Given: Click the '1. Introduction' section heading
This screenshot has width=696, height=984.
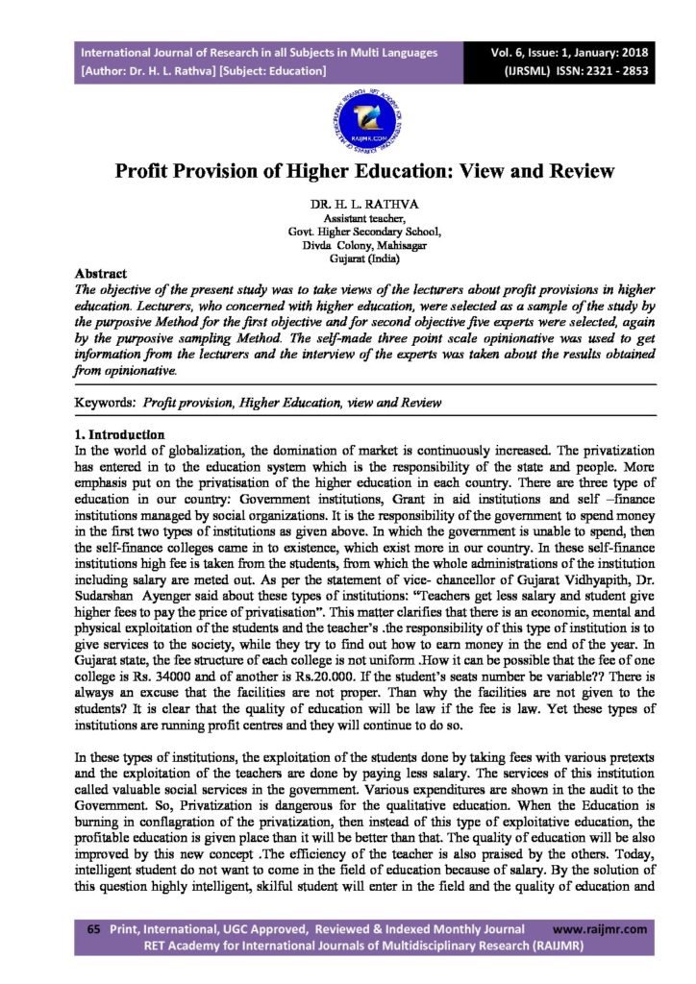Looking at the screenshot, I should pyautogui.click(x=119, y=434).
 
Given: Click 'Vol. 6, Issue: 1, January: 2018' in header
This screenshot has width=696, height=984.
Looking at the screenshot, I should pyautogui.click(x=567, y=52).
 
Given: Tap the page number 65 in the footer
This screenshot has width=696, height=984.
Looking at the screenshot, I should pyautogui.click(x=93, y=929).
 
